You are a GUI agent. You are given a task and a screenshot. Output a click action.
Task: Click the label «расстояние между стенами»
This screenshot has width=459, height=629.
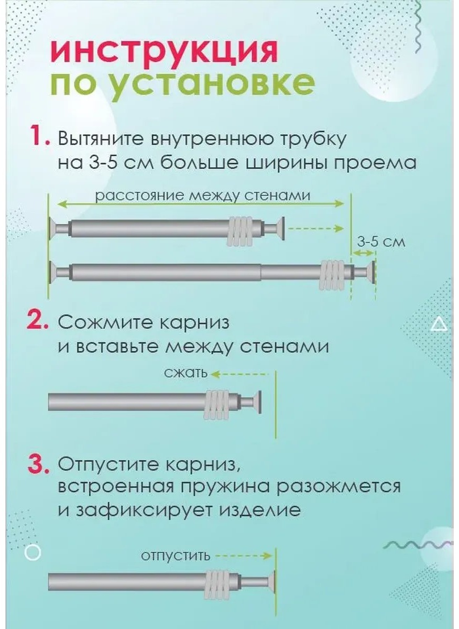pos(203,196)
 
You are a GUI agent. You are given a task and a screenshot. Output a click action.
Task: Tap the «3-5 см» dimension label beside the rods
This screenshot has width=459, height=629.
pos(381,242)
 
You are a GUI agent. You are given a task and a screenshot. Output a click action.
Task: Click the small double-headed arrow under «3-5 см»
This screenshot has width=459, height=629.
pos(363,253)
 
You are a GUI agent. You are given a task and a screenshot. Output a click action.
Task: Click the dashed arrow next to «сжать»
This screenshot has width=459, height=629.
pos(239,374)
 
